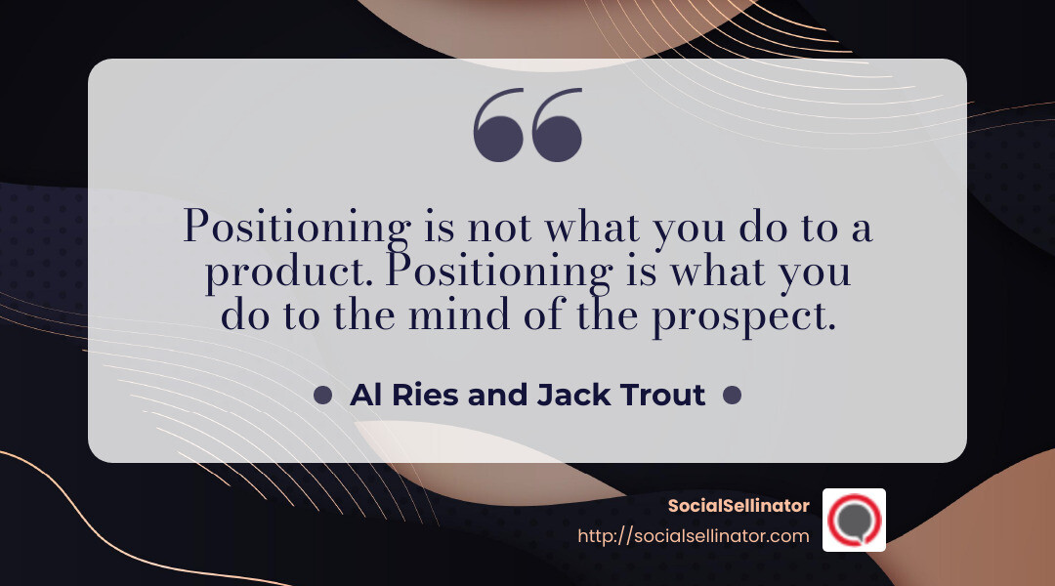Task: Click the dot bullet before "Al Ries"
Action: (323, 395)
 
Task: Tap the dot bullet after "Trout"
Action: (732, 395)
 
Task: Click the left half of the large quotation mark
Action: (498, 124)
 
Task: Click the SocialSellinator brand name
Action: (738, 505)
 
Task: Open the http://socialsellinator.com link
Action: (694, 535)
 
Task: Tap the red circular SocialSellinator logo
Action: (854, 520)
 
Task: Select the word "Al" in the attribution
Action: (364, 395)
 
